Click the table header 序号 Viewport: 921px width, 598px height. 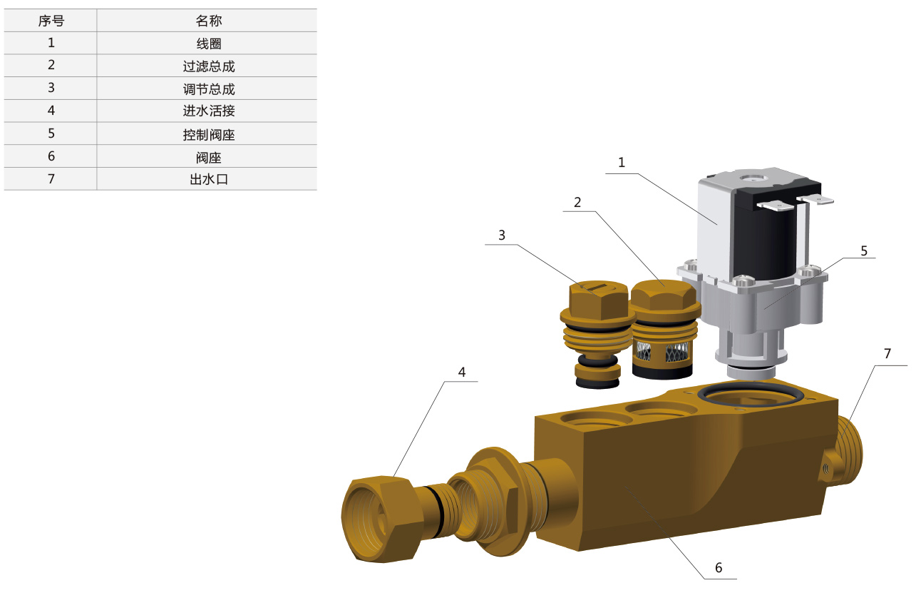point(51,21)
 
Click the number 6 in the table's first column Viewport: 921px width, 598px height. point(51,156)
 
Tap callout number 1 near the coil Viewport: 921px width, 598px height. point(621,163)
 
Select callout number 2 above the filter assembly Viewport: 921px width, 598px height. point(577,202)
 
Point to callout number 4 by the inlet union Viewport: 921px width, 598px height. point(462,372)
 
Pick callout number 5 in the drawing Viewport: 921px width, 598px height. point(864,250)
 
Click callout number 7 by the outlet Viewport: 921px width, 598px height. point(887,354)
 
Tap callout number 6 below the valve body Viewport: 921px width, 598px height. point(719,567)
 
